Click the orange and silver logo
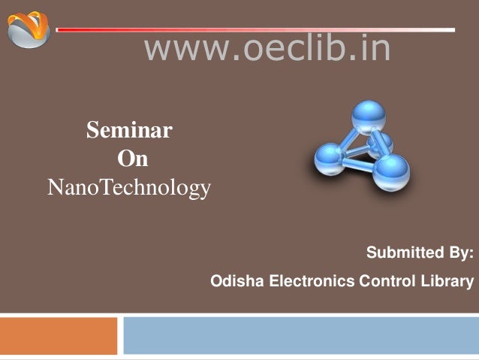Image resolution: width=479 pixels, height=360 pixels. (x=29, y=29)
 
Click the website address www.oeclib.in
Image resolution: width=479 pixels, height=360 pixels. (x=267, y=48)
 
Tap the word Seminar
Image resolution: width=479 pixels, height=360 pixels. (x=130, y=130)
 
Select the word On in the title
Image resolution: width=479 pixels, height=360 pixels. (x=133, y=159)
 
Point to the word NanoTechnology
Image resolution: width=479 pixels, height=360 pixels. (x=129, y=187)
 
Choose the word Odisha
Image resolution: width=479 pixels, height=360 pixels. (x=237, y=280)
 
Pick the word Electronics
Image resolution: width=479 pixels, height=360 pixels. (x=312, y=280)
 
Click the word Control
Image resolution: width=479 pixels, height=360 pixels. (x=387, y=280)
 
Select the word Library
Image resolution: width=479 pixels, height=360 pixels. (x=447, y=281)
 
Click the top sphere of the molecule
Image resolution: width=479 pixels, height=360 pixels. (x=369, y=117)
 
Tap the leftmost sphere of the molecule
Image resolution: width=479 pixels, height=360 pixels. (x=330, y=159)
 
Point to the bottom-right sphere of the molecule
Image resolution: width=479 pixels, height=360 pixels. (x=391, y=173)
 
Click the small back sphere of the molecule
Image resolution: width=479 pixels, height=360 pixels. (x=382, y=144)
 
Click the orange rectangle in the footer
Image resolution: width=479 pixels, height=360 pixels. (x=59, y=336)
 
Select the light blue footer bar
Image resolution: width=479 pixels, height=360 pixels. (x=301, y=335)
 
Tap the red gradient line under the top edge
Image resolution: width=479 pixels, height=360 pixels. (x=255, y=29)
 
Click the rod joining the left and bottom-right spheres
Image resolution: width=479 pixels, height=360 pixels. (x=359, y=165)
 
